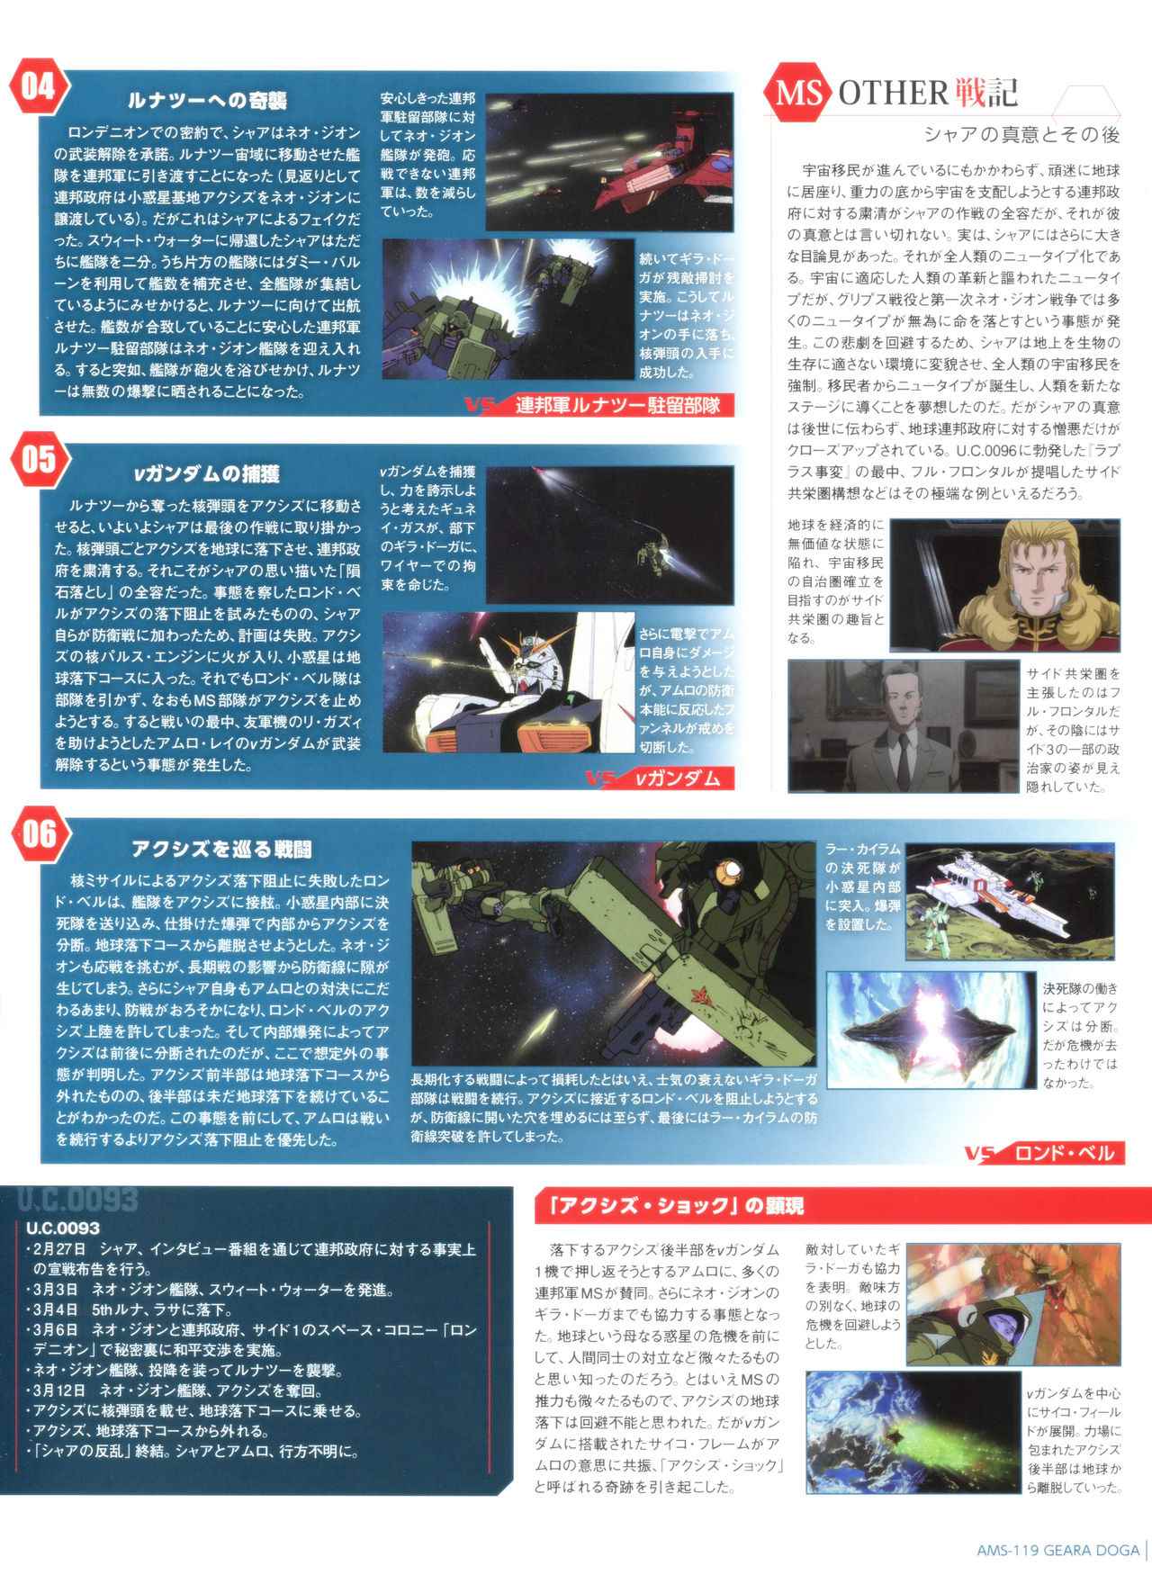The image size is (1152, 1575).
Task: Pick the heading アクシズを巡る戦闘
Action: tap(221, 848)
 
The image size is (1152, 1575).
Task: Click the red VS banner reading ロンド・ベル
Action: tap(1044, 1153)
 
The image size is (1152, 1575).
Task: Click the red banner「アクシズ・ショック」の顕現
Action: tap(669, 1205)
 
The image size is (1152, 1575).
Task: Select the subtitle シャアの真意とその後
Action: tap(1022, 135)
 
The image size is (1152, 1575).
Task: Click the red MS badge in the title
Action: tap(800, 92)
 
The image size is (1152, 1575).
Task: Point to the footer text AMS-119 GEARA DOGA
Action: tap(1057, 1550)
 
